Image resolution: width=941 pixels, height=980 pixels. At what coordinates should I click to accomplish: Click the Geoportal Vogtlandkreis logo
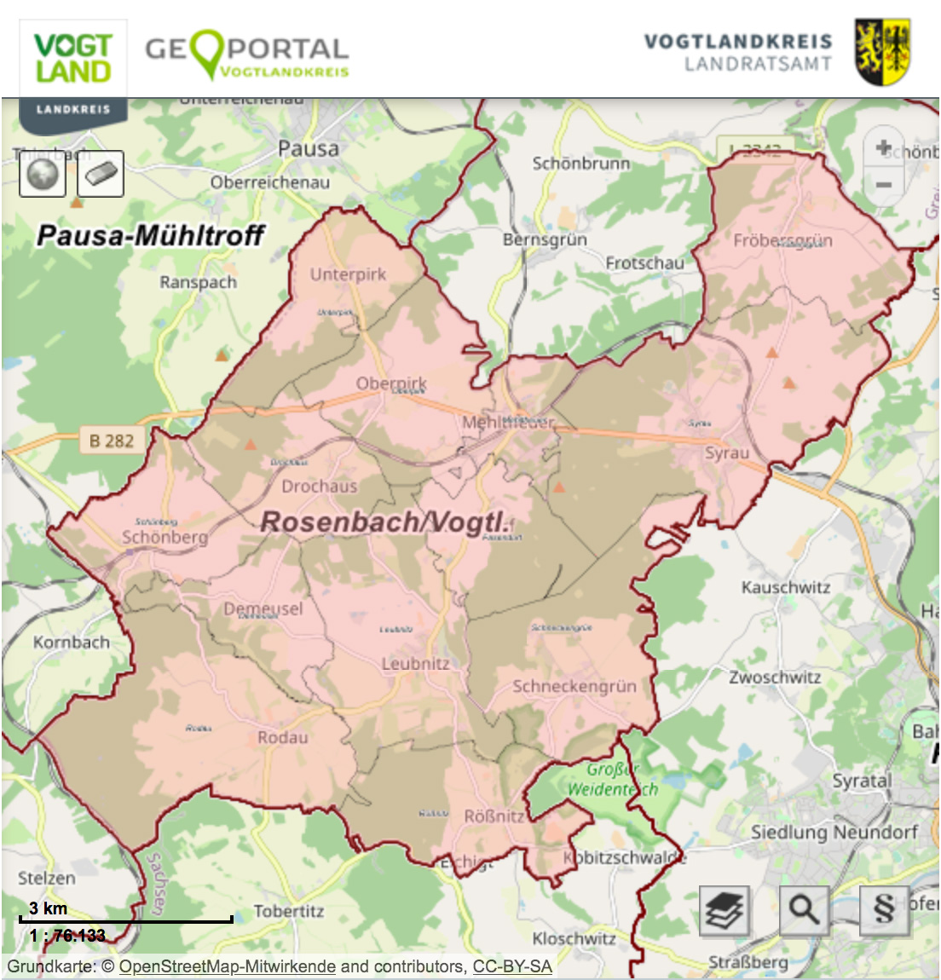[x=246, y=55]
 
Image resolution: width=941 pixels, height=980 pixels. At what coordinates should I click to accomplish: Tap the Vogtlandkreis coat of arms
[x=882, y=53]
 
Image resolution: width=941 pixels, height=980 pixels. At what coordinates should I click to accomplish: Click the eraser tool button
[x=101, y=174]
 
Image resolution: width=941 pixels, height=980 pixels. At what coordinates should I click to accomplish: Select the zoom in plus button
[x=884, y=148]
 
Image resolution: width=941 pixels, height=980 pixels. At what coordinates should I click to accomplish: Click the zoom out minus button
[x=884, y=184]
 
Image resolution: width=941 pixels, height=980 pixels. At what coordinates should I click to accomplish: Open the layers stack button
[x=725, y=910]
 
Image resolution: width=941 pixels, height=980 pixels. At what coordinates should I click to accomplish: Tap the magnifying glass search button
[x=804, y=910]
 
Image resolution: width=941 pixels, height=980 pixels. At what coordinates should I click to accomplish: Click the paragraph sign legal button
[x=884, y=910]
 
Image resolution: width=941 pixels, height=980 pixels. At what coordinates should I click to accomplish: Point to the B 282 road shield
[x=111, y=441]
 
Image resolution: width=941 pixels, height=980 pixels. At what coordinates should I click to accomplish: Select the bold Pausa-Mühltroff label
[x=150, y=235]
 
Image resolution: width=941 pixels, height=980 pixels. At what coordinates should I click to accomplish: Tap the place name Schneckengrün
[x=574, y=686]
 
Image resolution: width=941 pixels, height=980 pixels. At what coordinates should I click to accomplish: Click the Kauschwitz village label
[x=785, y=587]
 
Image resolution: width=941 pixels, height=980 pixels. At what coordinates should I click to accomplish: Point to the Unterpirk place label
[x=348, y=274]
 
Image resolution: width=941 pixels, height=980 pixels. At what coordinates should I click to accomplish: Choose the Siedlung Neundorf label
[x=834, y=832]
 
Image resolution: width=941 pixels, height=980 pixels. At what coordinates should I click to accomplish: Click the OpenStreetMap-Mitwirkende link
[x=227, y=966]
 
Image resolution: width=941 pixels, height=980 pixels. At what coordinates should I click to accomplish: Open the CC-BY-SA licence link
[x=512, y=966]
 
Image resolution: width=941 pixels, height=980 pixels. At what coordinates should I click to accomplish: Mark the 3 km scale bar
[x=125, y=919]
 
